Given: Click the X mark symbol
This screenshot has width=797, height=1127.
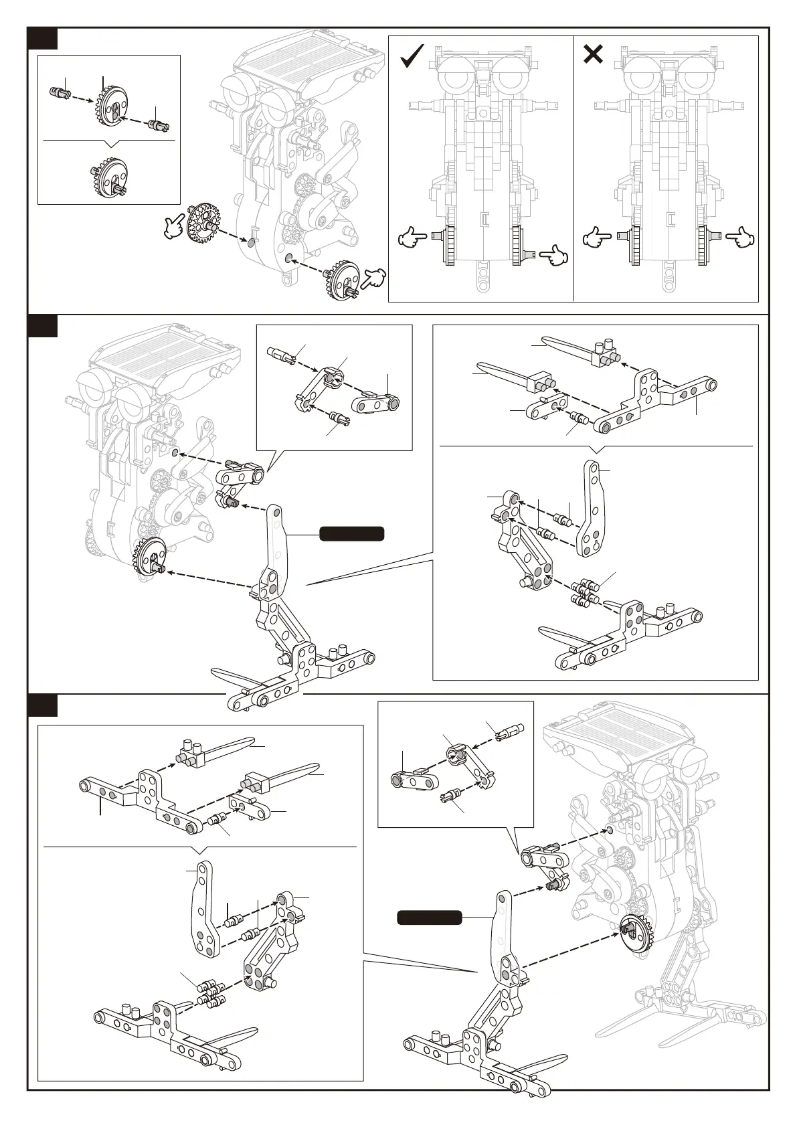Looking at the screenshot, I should [593, 54].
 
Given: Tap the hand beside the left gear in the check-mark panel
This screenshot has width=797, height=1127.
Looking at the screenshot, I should [412, 237].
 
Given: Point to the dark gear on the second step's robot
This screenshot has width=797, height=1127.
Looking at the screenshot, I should [151, 555].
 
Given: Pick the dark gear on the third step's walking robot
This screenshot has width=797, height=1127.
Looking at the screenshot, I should [635, 932].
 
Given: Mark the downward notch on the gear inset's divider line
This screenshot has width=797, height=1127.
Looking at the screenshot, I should [110, 143].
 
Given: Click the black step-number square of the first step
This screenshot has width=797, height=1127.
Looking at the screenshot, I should [42, 39].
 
